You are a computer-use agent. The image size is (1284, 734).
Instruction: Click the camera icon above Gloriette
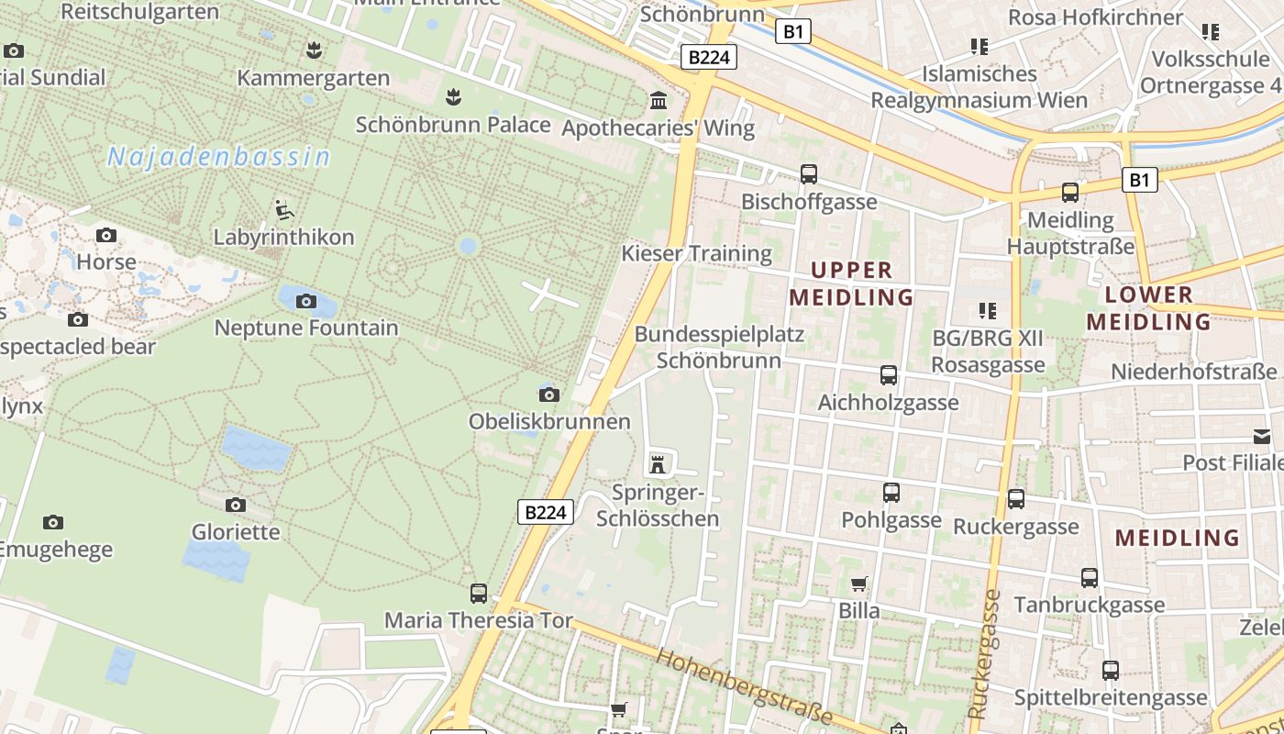pyautogui.click(x=236, y=505)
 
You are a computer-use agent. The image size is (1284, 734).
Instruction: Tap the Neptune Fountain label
pyautogui.click(x=306, y=328)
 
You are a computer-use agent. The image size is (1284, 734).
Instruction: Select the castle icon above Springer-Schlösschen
pyautogui.click(x=657, y=462)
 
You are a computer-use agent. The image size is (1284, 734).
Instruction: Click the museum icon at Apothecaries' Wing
pyautogui.click(x=658, y=100)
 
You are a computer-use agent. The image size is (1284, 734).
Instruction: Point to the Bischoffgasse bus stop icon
pyautogui.click(x=808, y=173)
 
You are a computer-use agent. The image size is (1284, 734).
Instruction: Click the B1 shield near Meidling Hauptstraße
pyautogui.click(x=1138, y=180)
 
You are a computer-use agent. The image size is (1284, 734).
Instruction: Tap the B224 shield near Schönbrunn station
pyautogui.click(x=710, y=57)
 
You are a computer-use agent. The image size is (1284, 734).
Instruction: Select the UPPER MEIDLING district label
pyautogui.click(x=851, y=284)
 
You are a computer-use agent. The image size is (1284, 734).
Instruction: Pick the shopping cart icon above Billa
pyautogui.click(x=858, y=584)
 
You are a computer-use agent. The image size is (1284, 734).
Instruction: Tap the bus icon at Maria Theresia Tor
pyautogui.click(x=478, y=593)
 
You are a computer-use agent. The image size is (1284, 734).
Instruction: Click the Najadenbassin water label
pyautogui.click(x=218, y=157)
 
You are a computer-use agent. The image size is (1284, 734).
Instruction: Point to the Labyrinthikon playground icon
pyautogui.click(x=283, y=210)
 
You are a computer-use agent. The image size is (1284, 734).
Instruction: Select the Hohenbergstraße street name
pyautogui.click(x=745, y=685)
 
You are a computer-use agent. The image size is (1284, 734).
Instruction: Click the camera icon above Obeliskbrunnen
pyautogui.click(x=548, y=395)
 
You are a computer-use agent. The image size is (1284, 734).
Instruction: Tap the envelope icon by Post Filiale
pyautogui.click(x=1262, y=437)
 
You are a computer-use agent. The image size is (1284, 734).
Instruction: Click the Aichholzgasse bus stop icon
pyautogui.click(x=888, y=374)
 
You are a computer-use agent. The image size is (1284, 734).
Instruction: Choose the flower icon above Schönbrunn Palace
pyautogui.click(x=452, y=96)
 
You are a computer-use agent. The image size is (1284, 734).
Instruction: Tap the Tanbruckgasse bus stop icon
pyautogui.click(x=1089, y=578)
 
